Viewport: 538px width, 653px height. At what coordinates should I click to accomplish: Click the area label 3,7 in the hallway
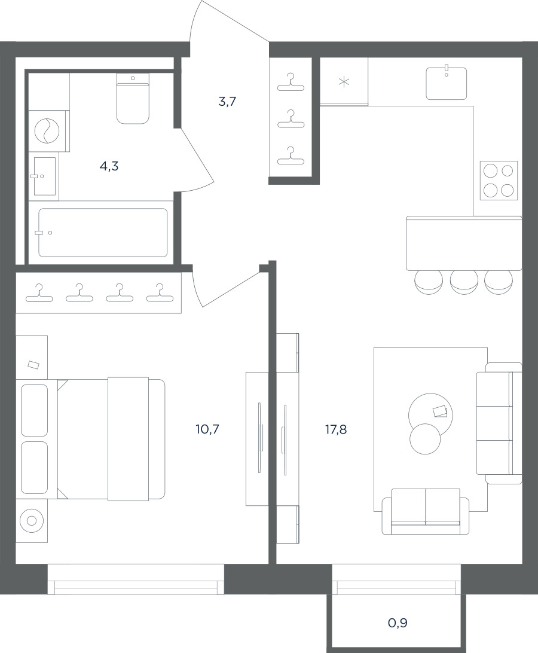click(x=227, y=101)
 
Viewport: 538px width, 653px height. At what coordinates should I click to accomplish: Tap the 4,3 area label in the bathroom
click(x=109, y=166)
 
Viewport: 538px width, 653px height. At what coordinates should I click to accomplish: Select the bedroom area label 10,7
click(x=207, y=429)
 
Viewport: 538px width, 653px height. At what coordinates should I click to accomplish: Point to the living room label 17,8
click(x=336, y=429)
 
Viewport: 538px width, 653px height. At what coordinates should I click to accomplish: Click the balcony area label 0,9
click(x=398, y=623)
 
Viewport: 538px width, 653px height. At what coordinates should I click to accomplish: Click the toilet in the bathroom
click(x=133, y=99)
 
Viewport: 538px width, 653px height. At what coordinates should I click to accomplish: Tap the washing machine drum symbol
click(x=46, y=131)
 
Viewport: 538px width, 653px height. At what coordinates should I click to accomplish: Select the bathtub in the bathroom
click(x=103, y=233)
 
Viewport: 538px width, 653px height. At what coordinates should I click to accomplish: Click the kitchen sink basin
click(x=447, y=84)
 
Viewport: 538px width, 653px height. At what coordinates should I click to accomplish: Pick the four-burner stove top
click(x=499, y=181)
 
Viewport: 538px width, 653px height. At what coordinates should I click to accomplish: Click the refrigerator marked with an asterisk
click(x=344, y=81)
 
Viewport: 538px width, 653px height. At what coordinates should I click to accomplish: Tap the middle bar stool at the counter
click(x=464, y=282)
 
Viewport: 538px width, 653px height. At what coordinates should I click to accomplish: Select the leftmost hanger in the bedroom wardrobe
click(x=39, y=293)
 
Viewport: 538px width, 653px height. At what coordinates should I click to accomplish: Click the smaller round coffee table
click(x=425, y=439)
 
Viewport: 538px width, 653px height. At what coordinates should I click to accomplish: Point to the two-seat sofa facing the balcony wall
click(x=426, y=512)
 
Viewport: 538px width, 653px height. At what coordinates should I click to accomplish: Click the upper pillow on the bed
click(x=34, y=410)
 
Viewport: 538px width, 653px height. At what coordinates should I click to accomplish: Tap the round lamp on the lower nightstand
click(x=31, y=521)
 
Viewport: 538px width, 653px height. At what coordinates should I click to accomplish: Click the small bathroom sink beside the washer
click(x=45, y=176)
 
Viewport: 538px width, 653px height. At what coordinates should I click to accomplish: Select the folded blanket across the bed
click(x=129, y=439)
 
